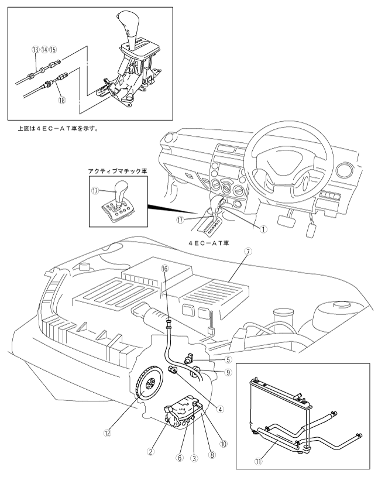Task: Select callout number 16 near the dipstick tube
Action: tap(164, 269)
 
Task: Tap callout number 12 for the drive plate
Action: tap(107, 433)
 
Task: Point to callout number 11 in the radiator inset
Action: tap(258, 461)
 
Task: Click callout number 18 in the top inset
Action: tap(62, 99)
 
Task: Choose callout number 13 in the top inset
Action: tap(36, 50)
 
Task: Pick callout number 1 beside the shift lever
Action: tap(263, 229)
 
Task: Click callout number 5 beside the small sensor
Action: tap(228, 360)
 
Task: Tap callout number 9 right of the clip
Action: tap(228, 372)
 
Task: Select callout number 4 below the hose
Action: tap(221, 410)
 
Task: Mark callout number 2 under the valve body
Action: tap(150, 451)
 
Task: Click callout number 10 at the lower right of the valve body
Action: tap(224, 444)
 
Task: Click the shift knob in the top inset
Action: tap(128, 23)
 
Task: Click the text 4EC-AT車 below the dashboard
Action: tap(209, 243)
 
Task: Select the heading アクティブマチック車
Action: tap(118, 171)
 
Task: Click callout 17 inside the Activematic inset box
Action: tap(95, 190)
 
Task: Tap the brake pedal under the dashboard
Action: tap(287, 221)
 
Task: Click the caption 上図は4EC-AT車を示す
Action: tap(58, 129)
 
